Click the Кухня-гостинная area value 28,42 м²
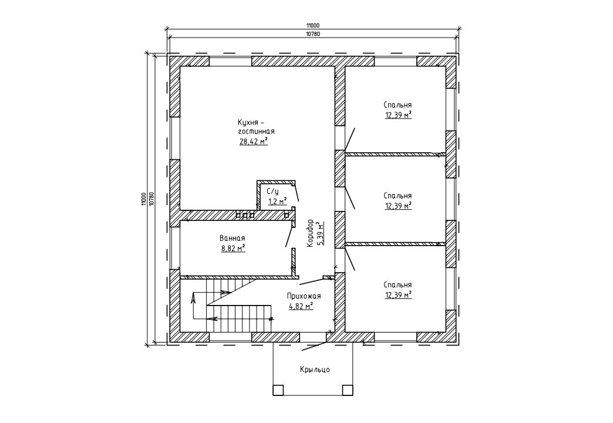tap(253, 141)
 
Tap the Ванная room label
tap(232, 238)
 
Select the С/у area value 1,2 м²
tap(277, 202)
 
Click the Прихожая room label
tap(304, 296)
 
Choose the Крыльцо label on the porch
tap(315, 370)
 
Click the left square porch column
tap(278, 390)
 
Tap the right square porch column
tap(348, 390)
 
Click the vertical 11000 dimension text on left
tap(144, 199)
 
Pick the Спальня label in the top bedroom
tap(398, 105)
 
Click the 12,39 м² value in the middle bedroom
tap(398, 206)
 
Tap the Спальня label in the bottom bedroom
tap(398, 285)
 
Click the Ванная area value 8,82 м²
tap(233, 248)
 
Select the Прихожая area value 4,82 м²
tap(301, 307)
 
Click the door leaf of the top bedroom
tap(351, 139)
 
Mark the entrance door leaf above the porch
tap(315, 346)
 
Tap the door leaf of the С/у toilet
tap(297, 193)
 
